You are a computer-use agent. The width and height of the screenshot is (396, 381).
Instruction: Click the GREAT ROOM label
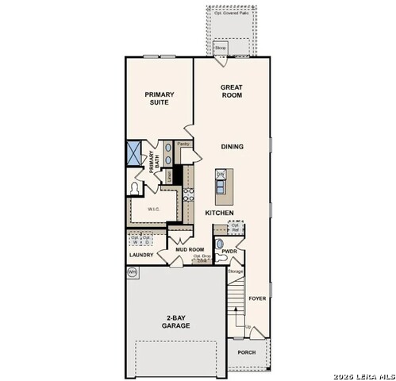232,90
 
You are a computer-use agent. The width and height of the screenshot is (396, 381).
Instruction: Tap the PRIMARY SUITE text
160,98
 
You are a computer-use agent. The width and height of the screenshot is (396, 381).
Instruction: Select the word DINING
233,147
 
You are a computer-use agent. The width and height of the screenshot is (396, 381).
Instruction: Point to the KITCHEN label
219,214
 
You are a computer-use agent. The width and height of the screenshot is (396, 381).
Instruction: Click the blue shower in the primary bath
134,152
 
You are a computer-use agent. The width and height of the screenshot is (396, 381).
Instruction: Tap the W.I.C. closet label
152,209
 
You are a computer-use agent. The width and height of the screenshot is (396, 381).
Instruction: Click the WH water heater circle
132,271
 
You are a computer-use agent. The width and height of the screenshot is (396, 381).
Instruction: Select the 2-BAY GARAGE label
176,321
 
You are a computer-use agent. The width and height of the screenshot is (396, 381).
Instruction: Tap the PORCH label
247,353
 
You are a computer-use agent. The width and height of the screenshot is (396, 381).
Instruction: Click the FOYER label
257,299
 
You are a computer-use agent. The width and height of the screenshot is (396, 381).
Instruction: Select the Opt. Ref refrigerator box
235,227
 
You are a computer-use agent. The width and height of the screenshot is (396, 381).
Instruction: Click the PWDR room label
230,252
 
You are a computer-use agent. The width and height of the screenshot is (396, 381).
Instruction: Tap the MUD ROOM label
190,248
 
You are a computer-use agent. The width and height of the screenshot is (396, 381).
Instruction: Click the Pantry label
183,144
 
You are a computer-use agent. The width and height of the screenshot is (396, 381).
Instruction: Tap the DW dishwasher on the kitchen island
221,175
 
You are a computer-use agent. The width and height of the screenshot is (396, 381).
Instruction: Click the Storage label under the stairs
235,271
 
